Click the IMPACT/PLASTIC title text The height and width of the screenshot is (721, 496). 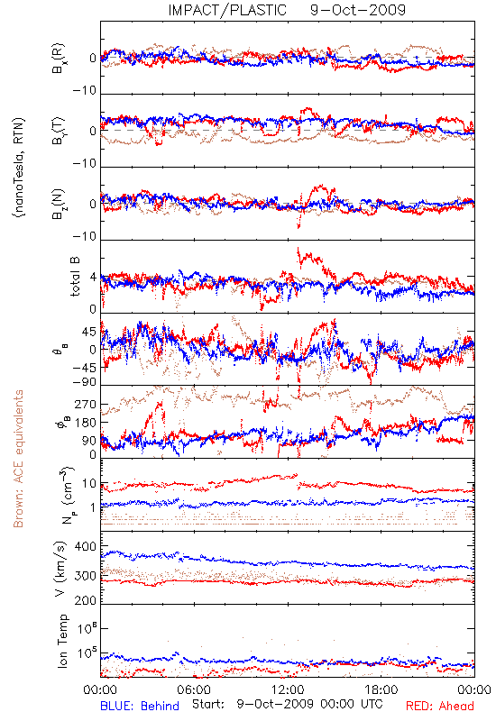coord(227,10)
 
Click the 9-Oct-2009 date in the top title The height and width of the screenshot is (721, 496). coord(358,10)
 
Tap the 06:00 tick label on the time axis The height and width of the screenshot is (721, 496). coord(194,689)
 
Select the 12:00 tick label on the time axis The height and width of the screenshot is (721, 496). coord(288,689)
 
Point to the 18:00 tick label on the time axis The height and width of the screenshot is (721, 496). coord(381,689)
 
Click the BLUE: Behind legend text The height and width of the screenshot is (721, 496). coord(140,706)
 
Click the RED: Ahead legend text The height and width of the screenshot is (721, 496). coord(439,706)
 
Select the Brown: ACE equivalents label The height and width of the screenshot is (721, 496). coord(18,459)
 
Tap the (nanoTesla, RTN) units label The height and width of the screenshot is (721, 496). coord(19,167)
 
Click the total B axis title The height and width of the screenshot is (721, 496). coord(75,277)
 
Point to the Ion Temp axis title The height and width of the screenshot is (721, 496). coord(62,641)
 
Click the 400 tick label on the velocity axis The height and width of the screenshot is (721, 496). coord(86,546)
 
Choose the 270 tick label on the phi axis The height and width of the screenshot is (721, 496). coord(86,404)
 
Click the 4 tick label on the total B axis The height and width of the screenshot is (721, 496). coord(94,278)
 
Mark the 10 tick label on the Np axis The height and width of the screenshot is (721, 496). coord(89,484)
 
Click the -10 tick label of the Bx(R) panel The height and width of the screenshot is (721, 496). coord(85,91)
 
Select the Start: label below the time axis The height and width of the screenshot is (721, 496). coord(208,704)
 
